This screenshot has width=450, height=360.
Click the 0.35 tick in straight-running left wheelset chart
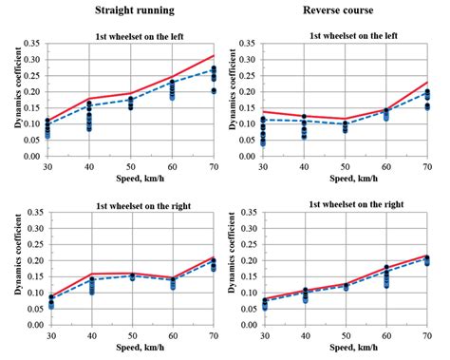[x=32, y=44]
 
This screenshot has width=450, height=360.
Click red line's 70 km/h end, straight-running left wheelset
[x=215, y=55]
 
